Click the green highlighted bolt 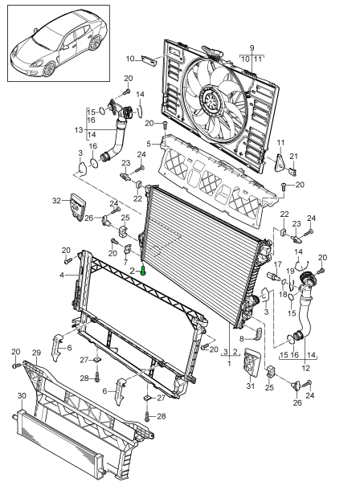pyautogui.click(x=143, y=271)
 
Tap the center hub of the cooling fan pyautogui.click(x=211, y=99)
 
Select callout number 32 pyautogui.click(x=56, y=201)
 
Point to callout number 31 pyautogui.click(x=250, y=386)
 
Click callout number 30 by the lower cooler pyautogui.click(x=22, y=396)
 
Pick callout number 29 pyautogui.click(x=37, y=353)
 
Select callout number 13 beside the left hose pyautogui.click(x=79, y=130)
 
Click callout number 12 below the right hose pyautogui.click(x=305, y=368)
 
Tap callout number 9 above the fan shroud pyautogui.click(x=252, y=48)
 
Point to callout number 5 pyautogui.click(x=149, y=144)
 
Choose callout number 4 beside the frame pyautogui.click(x=62, y=275)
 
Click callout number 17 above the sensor pyautogui.click(x=278, y=264)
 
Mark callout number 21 pyautogui.click(x=293, y=156)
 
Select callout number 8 pyautogui.click(x=242, y=338)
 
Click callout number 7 pyautogui.click(x=125, y=263)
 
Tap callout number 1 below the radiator pyautogui.click(x=229, y=363)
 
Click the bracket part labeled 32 pyautogui.click(x=77, y=206)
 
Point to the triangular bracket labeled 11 pyautogui.click(x=280, y=163)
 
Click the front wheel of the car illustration pyautogui.click(x=49, y=69)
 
